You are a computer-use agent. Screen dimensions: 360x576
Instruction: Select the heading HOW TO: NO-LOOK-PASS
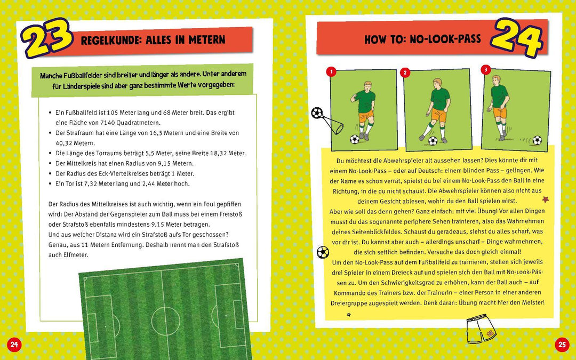(x=422, y=39)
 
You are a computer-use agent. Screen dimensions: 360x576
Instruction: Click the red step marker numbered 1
(x=331, y=71)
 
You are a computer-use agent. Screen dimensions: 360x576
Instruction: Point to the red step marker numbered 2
(x=405, y=73)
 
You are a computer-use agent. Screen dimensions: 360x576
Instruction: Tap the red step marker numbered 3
(x=485, y=70)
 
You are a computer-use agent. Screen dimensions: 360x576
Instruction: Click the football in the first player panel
(x=355, y=139)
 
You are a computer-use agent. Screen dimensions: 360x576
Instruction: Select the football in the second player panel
(x=433, y=141)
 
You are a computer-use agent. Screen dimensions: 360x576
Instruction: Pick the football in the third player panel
(x=537, y=140)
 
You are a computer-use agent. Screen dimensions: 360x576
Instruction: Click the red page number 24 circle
(x=14, y=345)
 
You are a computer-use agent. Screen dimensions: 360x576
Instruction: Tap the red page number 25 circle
(x=562, y=345)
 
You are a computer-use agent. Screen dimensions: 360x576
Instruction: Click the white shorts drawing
(x=481, y=330)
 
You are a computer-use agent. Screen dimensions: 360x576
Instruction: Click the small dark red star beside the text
(x=545, y=200)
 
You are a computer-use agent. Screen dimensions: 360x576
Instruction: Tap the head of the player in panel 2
(x=437, y=84)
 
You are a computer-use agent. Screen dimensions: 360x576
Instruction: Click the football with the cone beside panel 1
(x=317, y=113)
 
